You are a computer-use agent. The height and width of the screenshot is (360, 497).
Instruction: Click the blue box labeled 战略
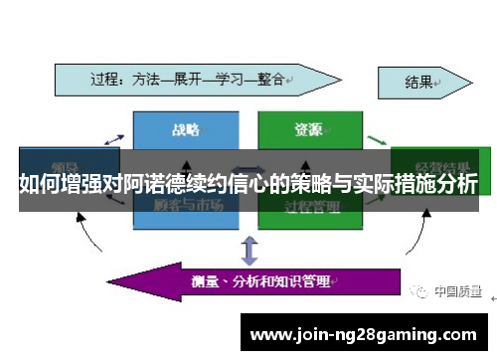(x=186, y=129)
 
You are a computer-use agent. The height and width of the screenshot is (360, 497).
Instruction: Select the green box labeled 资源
(x=309, y=129)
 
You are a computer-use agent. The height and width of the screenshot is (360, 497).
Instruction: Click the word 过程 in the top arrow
(x=106, y=78)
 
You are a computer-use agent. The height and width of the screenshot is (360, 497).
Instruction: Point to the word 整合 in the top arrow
(x=270, y=78)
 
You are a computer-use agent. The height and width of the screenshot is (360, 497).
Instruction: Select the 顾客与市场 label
(x=187, y=205)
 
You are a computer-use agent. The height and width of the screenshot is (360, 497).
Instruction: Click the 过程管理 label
(x=311, y=206)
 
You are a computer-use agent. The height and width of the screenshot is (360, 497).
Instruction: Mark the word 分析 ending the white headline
(x=457, y=183)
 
